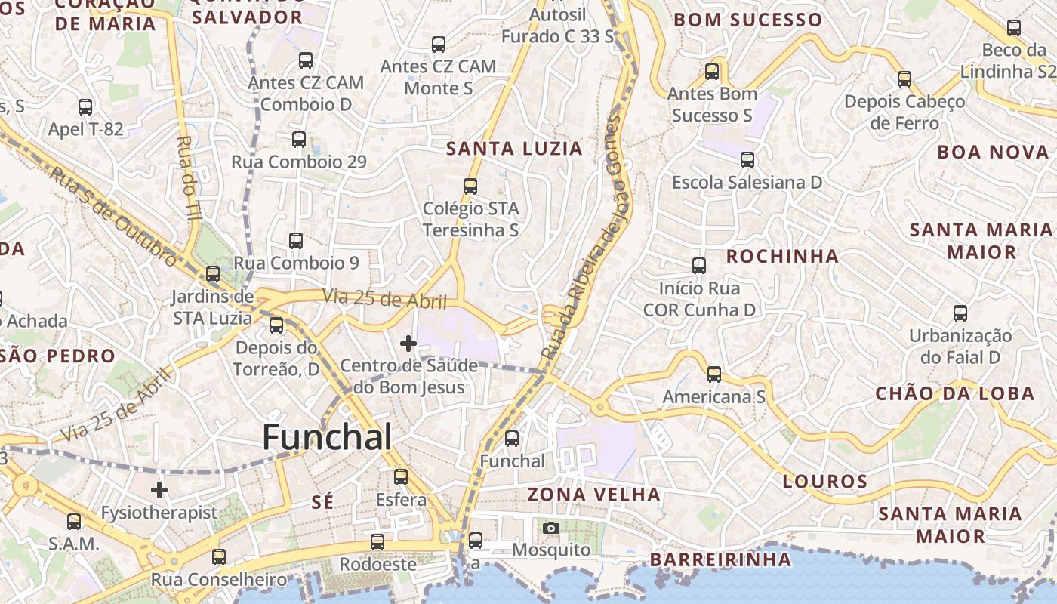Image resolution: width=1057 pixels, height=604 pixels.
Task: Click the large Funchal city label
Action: (327, 438)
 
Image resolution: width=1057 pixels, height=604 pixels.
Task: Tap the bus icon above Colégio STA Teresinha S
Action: (470, 186)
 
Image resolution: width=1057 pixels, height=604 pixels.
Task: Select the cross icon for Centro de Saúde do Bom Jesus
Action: (408, 344)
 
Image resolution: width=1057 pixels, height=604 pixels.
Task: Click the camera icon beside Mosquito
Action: (551, 528)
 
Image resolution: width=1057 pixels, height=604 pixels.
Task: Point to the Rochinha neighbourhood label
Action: (782, 257)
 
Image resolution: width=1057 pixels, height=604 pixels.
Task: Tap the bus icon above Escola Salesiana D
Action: (747, 160)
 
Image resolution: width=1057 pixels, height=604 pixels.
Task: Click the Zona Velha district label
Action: (593, 495)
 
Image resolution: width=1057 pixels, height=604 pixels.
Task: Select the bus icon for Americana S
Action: (714, 374)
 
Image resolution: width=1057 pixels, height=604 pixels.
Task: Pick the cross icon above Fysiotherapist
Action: (159, 490)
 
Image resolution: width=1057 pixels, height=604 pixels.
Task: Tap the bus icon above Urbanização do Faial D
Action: (960, 313)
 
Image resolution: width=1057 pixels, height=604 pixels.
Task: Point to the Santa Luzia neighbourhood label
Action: (514, 149)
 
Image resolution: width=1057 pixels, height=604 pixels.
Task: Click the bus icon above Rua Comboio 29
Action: (299, 140)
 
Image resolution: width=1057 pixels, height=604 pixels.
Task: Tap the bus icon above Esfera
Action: (401, 477)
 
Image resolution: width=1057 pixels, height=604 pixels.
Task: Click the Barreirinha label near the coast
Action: (720, 559)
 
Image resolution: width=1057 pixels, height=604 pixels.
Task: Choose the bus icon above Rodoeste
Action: (377, 542)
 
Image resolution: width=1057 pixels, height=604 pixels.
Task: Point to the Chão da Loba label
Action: (954, 393)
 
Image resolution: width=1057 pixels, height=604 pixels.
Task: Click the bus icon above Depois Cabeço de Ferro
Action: (904, 79)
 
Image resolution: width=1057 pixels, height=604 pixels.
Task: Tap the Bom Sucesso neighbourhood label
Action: (747, 20)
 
